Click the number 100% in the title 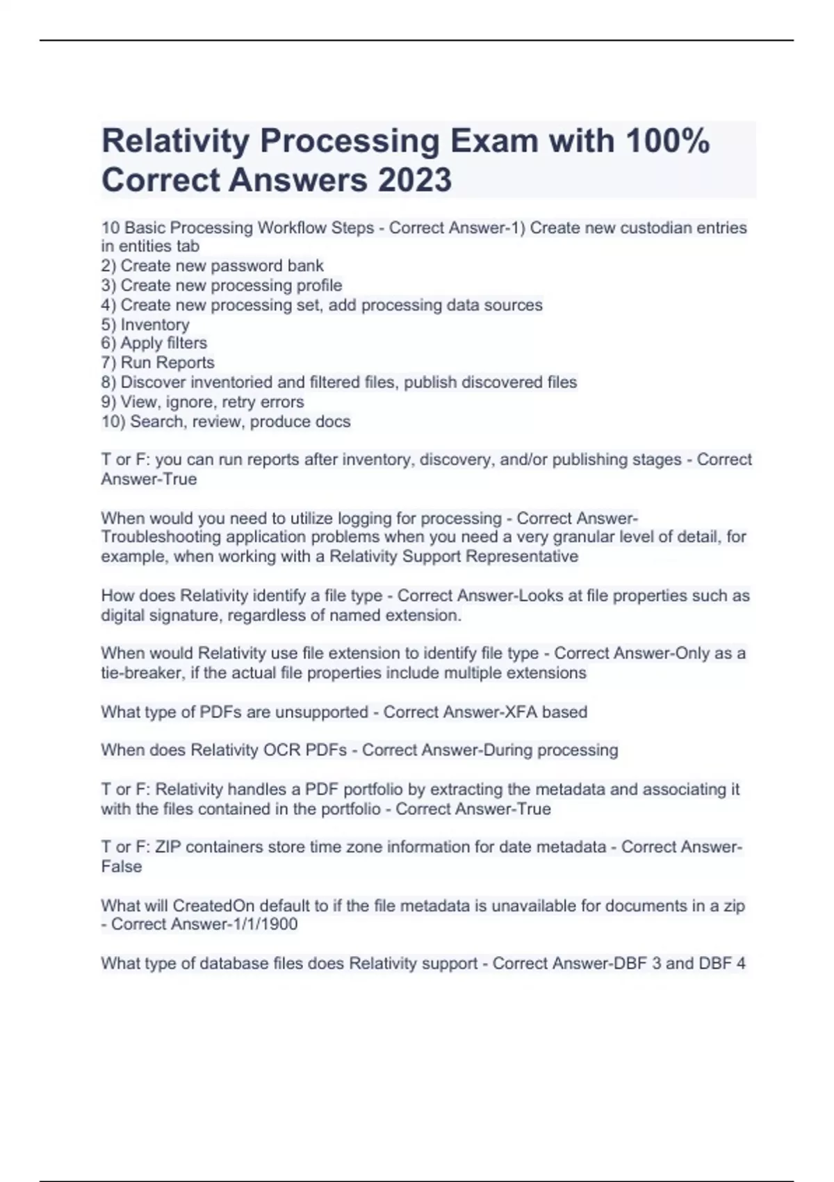tap(667, 141)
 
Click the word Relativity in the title tap(175, 141)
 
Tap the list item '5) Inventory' tap(145, 325)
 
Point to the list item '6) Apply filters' tap(154, 343)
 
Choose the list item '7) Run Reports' tap(158, 363)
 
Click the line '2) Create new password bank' tap(213, 266)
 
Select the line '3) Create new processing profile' tap(222, 286)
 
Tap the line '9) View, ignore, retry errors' tap(203, 403)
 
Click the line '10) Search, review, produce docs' tap(226, 422)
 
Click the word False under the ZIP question tap(122, 867)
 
